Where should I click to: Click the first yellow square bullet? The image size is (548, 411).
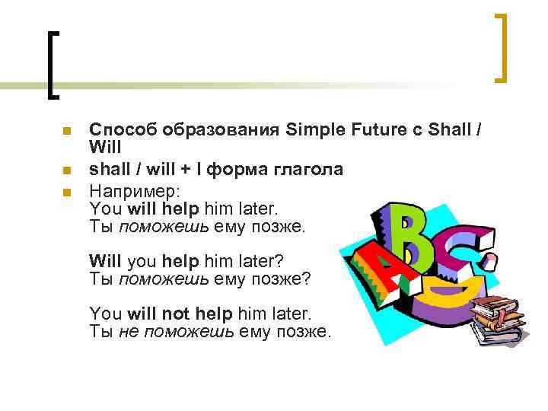click(67, 132)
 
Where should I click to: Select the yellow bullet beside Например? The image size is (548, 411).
click(67, 192)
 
